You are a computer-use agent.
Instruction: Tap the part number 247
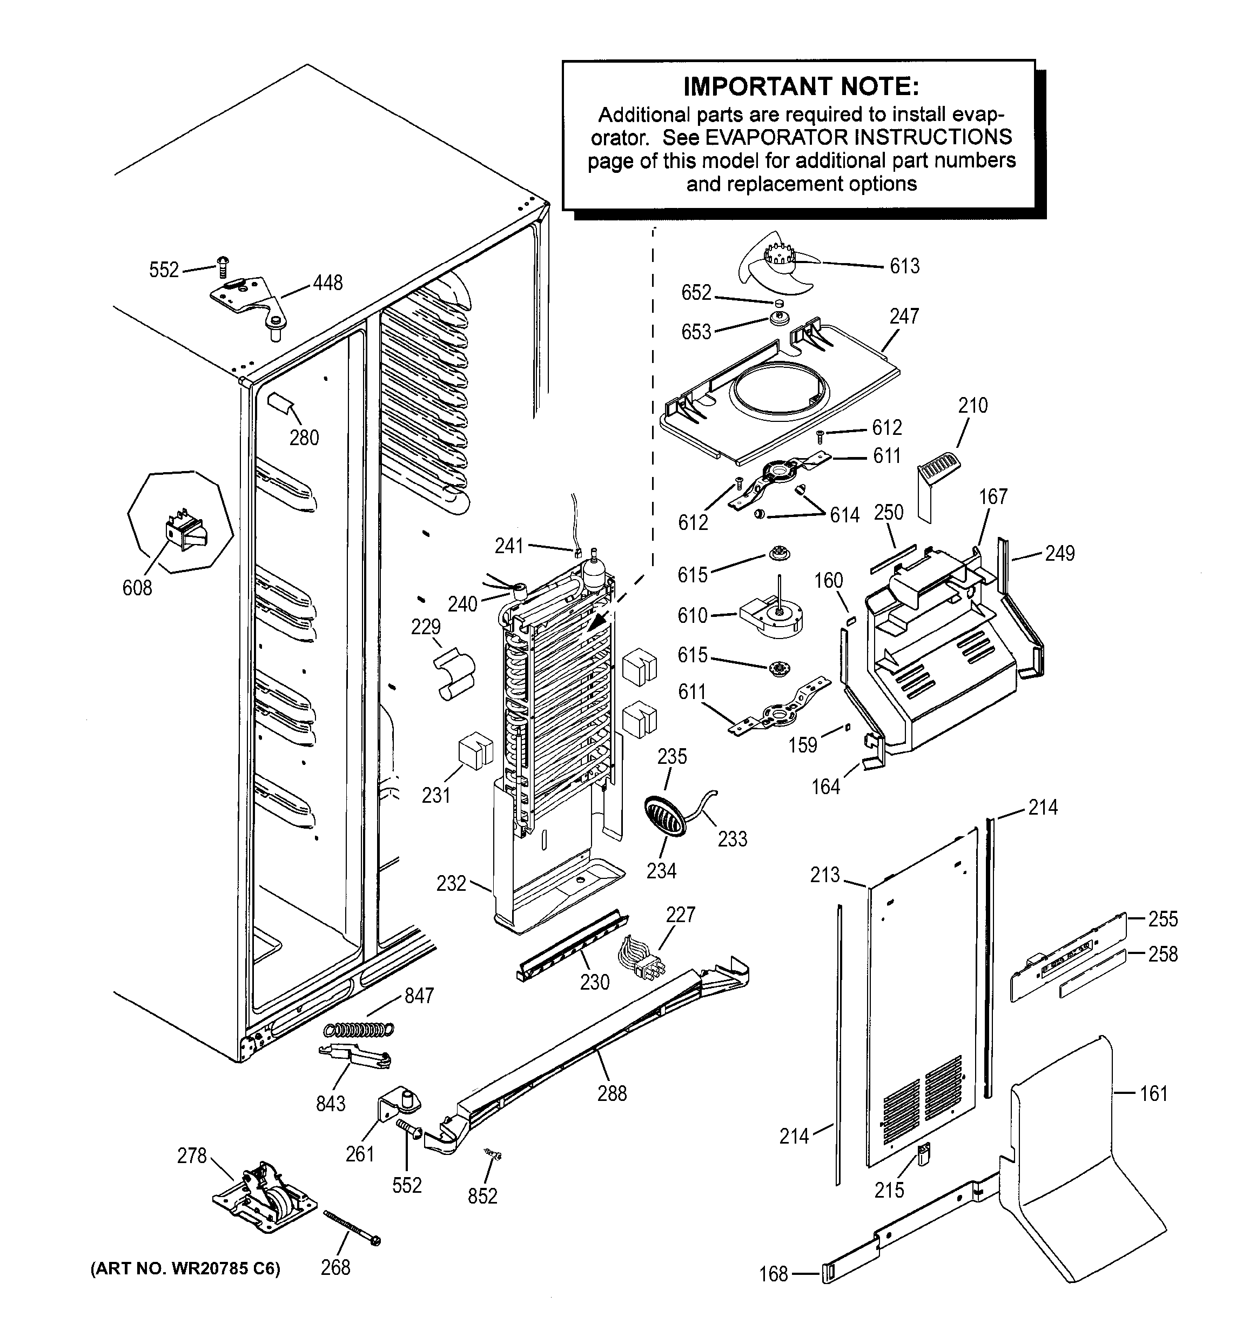pos(904,316)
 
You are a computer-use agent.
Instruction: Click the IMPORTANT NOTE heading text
pos(800,87)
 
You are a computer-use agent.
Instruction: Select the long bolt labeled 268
pos(352,1227)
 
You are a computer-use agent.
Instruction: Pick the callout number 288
pos(612,1093)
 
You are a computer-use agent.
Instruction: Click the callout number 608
pos(137,588)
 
